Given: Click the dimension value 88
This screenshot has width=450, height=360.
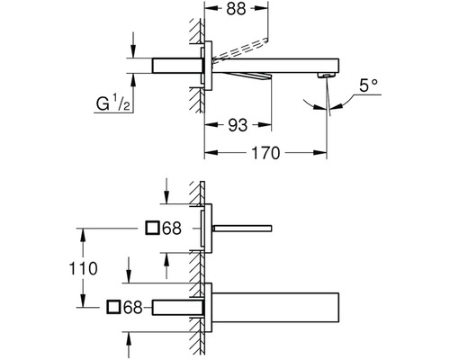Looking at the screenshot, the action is (236, 9).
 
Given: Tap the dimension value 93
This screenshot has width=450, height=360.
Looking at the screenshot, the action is (238, 125).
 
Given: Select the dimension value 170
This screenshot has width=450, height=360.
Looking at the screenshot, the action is (265, 153).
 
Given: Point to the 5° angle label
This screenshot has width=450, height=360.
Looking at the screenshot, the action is (368, 86).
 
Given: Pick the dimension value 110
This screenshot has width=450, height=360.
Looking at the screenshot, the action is (83, 268).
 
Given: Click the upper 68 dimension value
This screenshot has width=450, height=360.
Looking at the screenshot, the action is (172, 229).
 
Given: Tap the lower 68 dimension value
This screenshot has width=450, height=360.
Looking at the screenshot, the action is (133, 307).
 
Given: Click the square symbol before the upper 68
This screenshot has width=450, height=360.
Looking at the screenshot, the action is (152, 228).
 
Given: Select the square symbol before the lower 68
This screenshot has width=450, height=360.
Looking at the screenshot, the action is (113, 307).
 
